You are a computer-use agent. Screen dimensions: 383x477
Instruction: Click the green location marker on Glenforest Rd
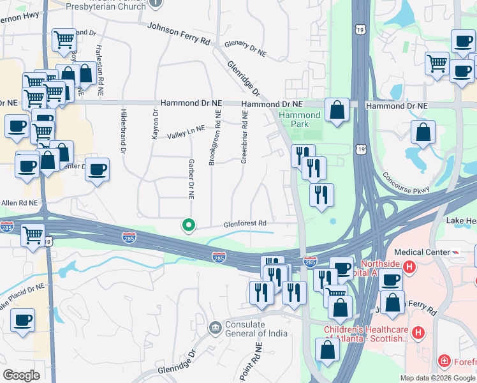click(x=188, y=225)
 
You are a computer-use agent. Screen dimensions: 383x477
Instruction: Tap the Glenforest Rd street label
click(x=244, y=225)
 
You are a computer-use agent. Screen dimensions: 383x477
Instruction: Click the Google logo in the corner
click(x=22, y=375)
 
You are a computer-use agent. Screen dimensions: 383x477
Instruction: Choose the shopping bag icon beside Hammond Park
click(x=337, y=110)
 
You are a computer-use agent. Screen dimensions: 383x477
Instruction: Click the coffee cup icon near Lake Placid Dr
click(x=23, y=321)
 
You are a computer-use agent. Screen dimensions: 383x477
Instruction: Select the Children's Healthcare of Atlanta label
click(x=366, y=334)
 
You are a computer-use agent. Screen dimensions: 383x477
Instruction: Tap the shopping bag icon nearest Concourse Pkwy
click(x=423, y=133)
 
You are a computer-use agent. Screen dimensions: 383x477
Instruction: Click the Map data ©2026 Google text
click(x=437, y=378)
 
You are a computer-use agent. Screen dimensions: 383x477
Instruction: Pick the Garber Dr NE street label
click(x=191, y=178)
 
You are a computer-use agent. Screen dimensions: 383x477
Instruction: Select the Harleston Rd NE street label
click(x=99, y=70)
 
